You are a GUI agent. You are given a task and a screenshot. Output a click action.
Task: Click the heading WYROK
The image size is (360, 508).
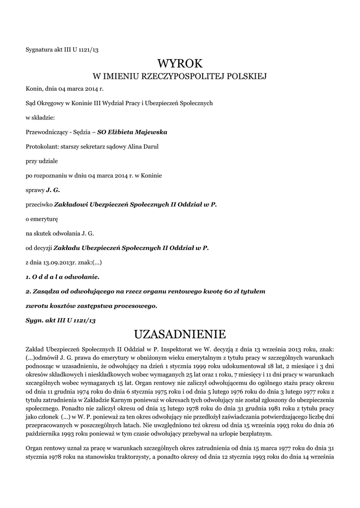click(x=180, y=63)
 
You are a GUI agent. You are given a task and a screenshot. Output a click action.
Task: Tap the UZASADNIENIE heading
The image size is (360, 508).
click(x=180, y=332)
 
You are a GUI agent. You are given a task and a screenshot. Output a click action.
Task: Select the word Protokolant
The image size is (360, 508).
click(x=42, y=146)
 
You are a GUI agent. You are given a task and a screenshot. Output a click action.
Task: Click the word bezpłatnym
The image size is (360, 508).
click(x=254, y=434)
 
